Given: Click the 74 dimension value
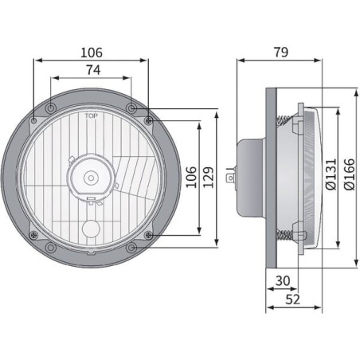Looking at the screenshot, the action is click(93, 70).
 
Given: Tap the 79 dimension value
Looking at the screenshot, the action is click(281, 53).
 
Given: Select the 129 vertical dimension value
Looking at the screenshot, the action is click(209, 178).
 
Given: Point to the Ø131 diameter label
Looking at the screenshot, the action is click(331, 174).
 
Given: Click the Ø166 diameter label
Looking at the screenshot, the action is click(349, 174).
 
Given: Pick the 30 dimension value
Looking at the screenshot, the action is click(283, 281).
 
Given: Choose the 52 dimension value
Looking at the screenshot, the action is click(292, 299).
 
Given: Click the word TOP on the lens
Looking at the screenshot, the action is click(91, 115).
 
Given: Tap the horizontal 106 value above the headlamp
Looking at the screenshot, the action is click(92, 53).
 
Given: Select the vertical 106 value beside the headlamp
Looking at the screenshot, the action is click(191, 178).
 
